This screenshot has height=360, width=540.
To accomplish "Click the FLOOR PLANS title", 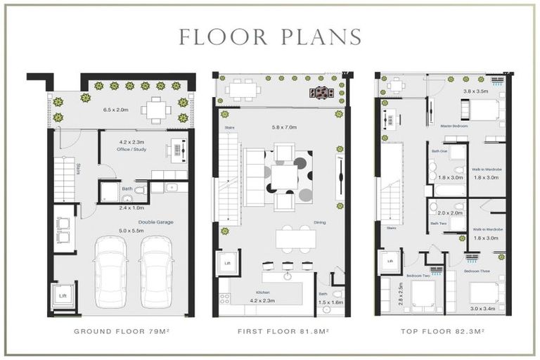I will point(270,37).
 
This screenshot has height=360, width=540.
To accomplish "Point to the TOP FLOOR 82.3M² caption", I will point(442,330).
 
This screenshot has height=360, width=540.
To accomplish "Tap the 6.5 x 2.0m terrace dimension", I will point(116,110).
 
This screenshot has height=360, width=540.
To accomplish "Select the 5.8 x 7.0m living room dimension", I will point(284,127).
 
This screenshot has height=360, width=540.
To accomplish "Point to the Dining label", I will point(320,223).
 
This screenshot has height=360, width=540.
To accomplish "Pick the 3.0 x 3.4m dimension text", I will point(482,308).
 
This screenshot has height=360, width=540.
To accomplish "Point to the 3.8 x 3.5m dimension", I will point(475,91).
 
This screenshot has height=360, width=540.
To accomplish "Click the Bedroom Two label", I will point(418,276).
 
